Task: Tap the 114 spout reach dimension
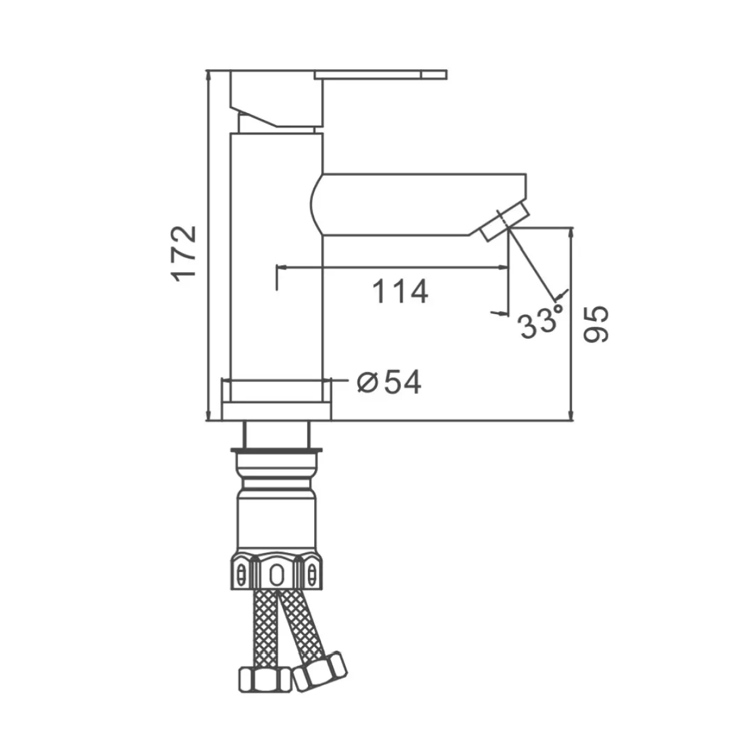click(x=400, y=292)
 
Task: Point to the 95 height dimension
click(x=596, y=324)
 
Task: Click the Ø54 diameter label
click(x=390, y=382)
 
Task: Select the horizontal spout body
click(x=418, y=205)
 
